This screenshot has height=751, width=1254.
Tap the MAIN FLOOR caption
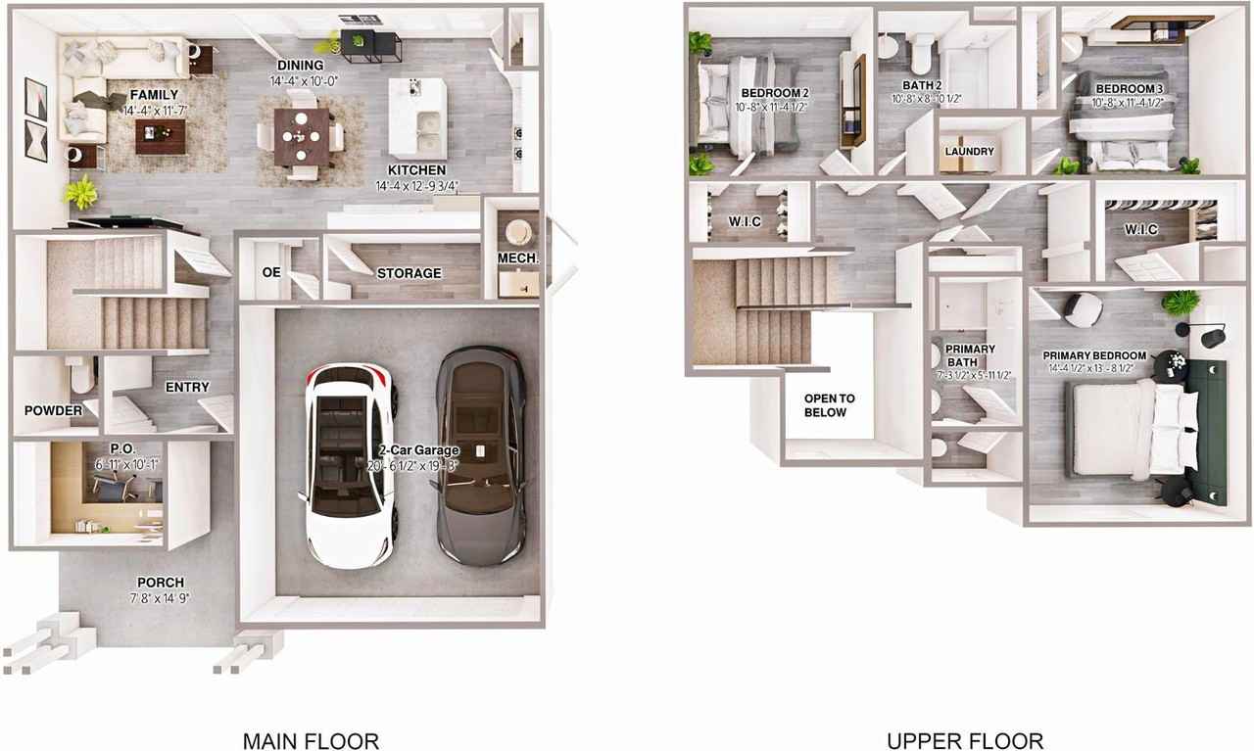311,740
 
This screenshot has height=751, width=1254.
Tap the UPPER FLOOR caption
965,740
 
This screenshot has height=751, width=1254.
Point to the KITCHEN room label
416,169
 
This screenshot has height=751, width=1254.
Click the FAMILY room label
155,95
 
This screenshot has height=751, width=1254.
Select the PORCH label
161,582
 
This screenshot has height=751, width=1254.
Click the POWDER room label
53,410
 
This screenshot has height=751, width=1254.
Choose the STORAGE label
409,273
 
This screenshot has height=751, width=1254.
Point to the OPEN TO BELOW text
829,405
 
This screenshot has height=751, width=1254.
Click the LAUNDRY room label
970,152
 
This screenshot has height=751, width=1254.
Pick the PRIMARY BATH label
970,355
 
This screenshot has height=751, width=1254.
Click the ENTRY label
187,387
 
